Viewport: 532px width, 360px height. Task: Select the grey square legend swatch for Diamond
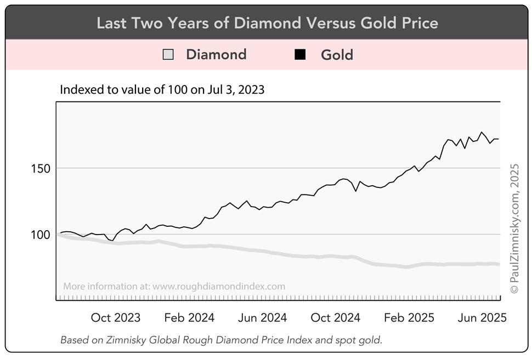168,55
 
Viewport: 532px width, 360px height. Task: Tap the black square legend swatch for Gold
299,55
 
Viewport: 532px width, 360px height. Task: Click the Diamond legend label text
216,55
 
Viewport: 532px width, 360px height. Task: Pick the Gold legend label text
337,55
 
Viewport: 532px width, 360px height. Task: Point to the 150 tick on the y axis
39,168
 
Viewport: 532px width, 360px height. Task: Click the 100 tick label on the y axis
39,235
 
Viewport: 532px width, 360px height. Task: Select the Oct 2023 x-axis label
115,318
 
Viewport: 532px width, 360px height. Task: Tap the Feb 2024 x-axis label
189,318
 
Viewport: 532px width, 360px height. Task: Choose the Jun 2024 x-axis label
262,318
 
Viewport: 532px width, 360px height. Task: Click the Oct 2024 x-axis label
335,318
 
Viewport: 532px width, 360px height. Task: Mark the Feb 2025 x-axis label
409,318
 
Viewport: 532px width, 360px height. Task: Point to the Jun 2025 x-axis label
481,318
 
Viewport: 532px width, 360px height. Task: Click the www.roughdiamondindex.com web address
219,286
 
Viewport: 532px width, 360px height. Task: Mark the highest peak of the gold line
482,132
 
